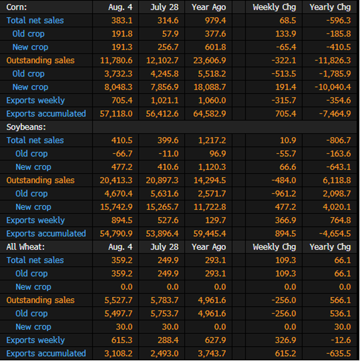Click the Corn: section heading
click(x=17, y=7)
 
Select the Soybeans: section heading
click(x=26, y=127)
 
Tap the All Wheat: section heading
click(x=25, y=247)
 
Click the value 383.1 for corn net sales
click(x=122, y=21)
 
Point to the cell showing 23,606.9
click(x=209, y=61)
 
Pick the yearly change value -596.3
click(x=339, y=21)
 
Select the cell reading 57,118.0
click(x=116, y=114)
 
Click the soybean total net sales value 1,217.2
click(x=212, y=141)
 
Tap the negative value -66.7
click(x=123, y=154)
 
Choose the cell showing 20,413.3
click(x=116, y=180)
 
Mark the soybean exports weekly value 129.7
click(x=215, y=220)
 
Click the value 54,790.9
click(x=116, y=234)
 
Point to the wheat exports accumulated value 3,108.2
click(x=119, y=354)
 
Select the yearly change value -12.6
click(x=341, y=340)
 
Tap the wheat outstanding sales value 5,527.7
click(x=119, y=300)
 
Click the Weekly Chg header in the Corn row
click(x=274, y=7)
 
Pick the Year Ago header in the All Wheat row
click(x=209, y=247)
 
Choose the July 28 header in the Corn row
click(x=165, y=7)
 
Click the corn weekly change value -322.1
click(x=284, y=61)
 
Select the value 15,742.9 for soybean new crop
click(x=116, y=207)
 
